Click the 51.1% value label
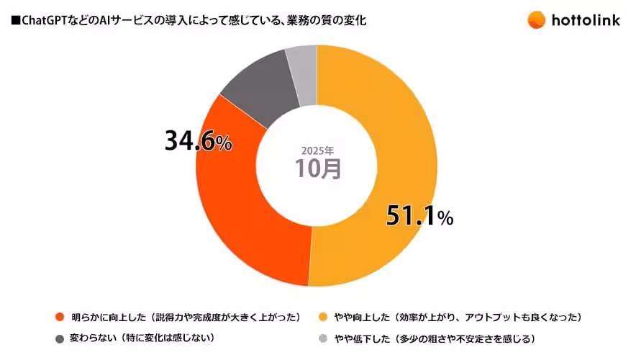tap(419, 215)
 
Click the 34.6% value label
tap(198, 141)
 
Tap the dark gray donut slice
tap(255, 89)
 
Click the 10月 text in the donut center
tap(317, 168)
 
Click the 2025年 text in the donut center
tap(317, 150)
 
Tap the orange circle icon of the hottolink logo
tap(536, 19)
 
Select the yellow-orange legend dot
tap(324, 317)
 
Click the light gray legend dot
tap(324, 338)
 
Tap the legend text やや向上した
tap(364, 317)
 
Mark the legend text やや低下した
tap(364, 338)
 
